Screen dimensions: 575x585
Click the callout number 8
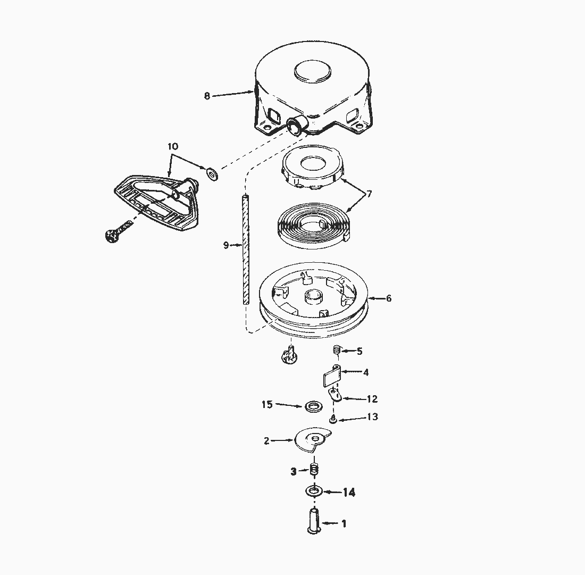pos(207,96)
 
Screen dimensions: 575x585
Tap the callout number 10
pos(173,146)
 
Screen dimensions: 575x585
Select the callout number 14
pos(349,493)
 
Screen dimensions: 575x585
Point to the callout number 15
pos(267,405)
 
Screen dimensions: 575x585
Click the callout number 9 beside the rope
pos(226,245)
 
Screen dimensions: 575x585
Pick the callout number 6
pos(389,298)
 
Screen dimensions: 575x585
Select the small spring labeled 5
pos(336,350)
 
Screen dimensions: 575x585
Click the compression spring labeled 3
pos(314,470)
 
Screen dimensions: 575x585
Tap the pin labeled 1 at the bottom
pos(313,520)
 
